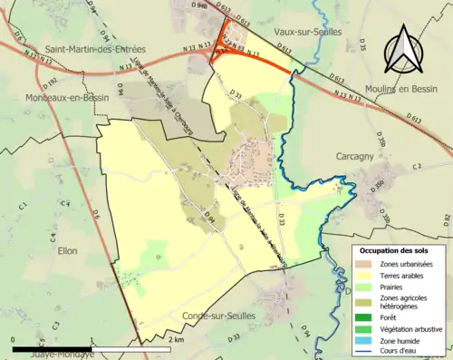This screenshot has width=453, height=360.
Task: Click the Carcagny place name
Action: [356, 155]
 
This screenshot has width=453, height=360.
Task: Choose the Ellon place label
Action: [67, 249]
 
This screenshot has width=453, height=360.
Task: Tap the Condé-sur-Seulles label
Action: [219, 315]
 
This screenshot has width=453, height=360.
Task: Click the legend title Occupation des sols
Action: [399, 250]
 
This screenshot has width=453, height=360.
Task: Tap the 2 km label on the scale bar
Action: [176, 340]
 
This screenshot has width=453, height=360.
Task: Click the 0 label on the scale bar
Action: [14, 340]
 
